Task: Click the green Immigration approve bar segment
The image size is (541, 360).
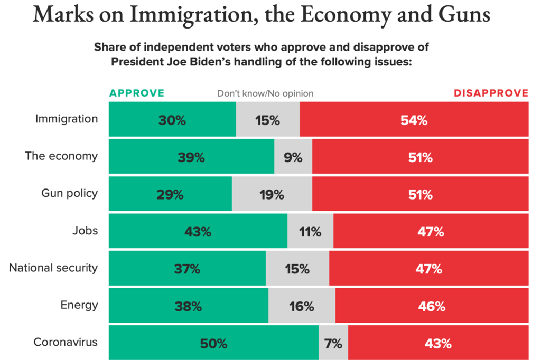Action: tap(172, 120)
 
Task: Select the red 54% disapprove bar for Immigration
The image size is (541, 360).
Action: tap(414, 120)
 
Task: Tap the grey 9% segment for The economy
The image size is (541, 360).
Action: tap(293, 157)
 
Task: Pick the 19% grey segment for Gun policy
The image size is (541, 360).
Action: tap(272, 194)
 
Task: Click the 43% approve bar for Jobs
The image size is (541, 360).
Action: tap(198, 231)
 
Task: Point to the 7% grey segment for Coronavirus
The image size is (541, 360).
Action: tap(333, 343)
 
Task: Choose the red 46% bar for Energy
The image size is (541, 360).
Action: tap(432, 306)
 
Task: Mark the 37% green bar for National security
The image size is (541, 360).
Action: tap(187, 269)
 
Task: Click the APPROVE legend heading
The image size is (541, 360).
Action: tap(137, 93)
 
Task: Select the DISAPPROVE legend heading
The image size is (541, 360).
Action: tap(491, 93)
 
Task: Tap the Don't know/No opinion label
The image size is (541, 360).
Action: tap(265, 94)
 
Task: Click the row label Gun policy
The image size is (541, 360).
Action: tap(70, 193)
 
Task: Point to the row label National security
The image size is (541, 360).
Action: tap(53, 268)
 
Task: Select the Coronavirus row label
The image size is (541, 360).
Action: tap(66, 342)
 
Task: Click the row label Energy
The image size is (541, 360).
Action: tap(80, 305)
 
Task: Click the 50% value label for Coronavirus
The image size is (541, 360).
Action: tap(213, 344)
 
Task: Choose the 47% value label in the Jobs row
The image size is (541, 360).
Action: tap(431, 232)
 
